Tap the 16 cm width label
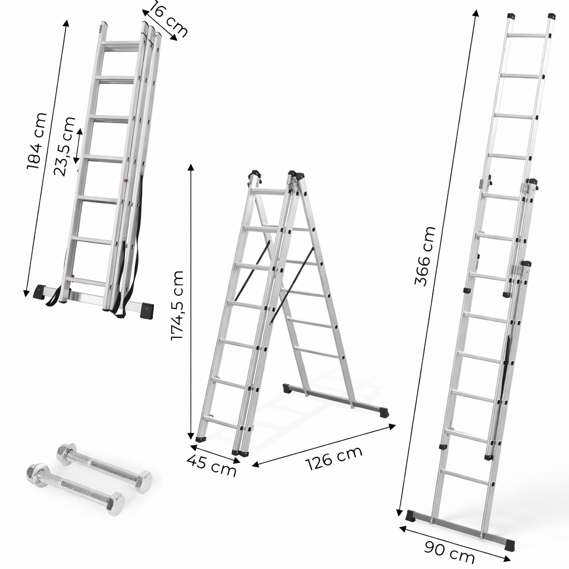click(x=167, y=19)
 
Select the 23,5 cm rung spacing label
click(x=64, y=146)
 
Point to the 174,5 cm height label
click(x=177, y=306)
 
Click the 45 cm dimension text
click(x=211, y=466)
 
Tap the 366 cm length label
click(x=426, y=256)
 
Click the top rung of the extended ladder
click(x=528, y=36)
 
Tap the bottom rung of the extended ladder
click(x=464, y=477)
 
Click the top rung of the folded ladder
click(x=121, y=44)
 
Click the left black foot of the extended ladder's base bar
click(x=410, y=516)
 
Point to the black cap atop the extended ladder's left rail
click(x=511, y=16)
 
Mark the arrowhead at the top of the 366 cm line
click(x=476, y=12)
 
